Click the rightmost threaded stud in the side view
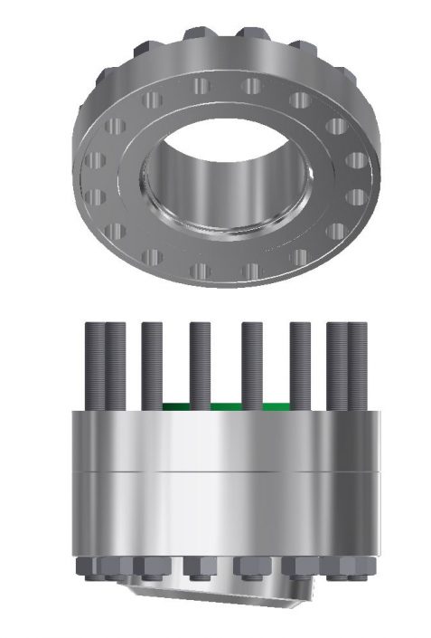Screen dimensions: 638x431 point(359,362)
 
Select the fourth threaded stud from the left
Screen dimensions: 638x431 point(201,362)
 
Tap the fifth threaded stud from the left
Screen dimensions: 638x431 point(251,362)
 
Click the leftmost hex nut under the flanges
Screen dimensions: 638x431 point(91,567)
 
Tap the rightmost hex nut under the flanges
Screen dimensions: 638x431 point(359,567)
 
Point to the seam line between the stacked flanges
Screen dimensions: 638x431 point(226,472)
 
